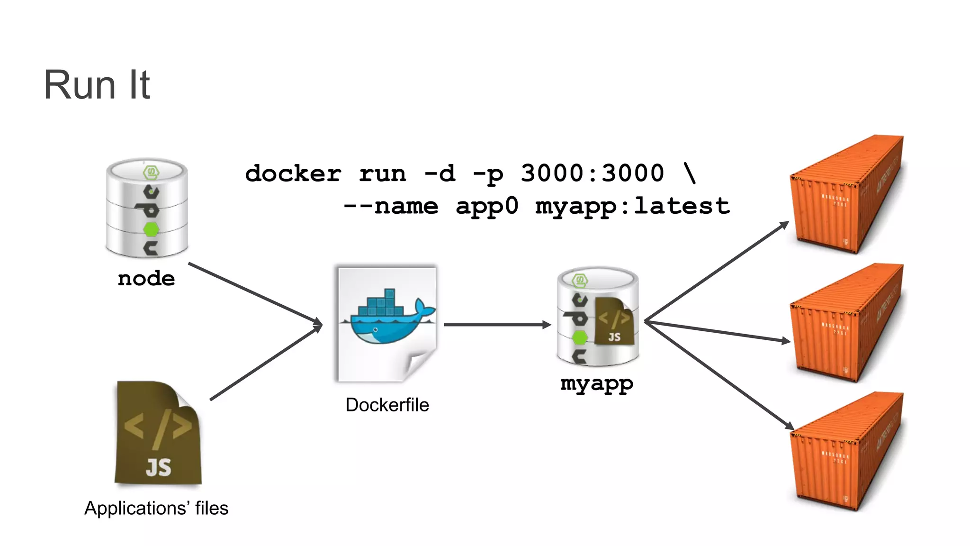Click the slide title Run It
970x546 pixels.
pyautogui.click(x=97, y=85)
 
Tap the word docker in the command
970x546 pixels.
pyautogui.click(x=293, y=173)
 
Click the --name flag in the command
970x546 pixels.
pyautogui.click(x=391, y=206)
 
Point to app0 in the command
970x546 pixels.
pyautogui.click(x=487, y=206)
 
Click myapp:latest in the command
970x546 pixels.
pyautogui.click(x=632, y=206)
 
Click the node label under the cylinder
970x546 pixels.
pyautogui.click(x=146, y=279)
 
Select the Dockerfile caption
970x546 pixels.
pyautogui.click(x=387, y=405)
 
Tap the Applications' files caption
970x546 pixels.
pyautogui.click(x=156, y=508)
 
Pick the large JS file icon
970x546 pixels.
pyautogui.click(x=158, y=434)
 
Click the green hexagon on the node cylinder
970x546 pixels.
pyautogui.click(x=151, y=229)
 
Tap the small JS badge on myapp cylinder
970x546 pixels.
pyautogui.click(x=614, y=322)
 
